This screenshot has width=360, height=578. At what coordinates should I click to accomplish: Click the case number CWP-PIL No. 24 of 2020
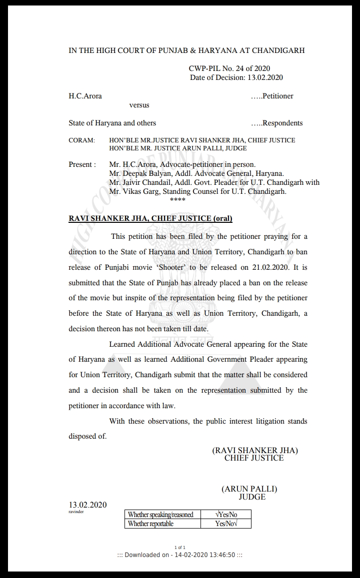pos(229,68)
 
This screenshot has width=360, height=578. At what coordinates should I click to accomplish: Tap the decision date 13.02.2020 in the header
pos(265,77)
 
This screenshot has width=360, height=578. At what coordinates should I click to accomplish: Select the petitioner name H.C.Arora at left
pos(85,96)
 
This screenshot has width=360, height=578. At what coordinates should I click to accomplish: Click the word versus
pos(139,105)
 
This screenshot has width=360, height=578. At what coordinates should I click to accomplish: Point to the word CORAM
pos(81,140)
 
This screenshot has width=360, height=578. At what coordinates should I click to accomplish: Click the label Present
pos(80,164)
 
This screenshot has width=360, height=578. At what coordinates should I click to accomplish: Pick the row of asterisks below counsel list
pos(177,200)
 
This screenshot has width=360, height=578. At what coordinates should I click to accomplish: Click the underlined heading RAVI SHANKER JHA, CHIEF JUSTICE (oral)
pos(150,218)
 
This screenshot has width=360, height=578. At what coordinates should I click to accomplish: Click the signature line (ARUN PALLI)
pos(249,489)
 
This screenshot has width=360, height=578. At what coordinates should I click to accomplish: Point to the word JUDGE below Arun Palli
pos(252,497)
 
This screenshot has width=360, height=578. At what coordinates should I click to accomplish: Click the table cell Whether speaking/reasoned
pos(160,515)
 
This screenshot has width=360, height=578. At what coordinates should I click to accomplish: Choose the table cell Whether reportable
pos(150,524)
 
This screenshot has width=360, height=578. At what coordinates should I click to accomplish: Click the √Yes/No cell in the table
pos(225,515)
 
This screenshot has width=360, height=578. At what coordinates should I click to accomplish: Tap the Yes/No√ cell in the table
pos(226,524)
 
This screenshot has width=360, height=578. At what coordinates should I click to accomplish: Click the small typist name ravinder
pos(76,513)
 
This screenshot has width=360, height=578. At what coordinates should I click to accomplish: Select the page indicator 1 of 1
pos(180,548)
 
